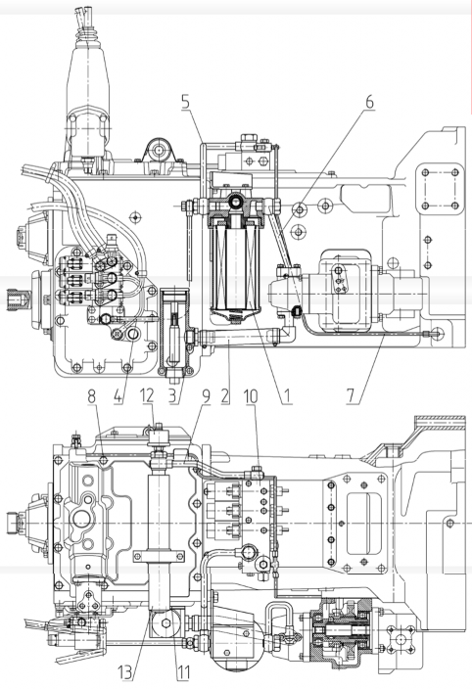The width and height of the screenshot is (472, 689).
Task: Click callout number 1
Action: tap(287, 395)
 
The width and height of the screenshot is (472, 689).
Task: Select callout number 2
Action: tap(225, 395)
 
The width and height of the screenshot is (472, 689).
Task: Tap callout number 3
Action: tap(174, 395)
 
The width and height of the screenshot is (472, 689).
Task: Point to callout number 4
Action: tap(118, 395)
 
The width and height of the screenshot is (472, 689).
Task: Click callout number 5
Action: tap(185, 102)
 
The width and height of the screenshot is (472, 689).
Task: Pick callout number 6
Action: tap(369, 102)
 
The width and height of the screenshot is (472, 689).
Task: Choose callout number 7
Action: tap(351, 395)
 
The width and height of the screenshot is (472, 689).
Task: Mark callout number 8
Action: tap(91, 395)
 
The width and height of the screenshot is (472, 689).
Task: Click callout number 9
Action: tap(206, 395)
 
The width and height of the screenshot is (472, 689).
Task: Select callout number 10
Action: tap(251, 395)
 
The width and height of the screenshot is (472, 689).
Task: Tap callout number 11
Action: tap(183, 671)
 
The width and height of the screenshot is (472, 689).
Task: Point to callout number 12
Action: tap(147, 395)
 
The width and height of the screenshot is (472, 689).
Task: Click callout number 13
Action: tap(125, 671)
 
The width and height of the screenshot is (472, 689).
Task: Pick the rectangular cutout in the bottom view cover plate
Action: tap(363, 523)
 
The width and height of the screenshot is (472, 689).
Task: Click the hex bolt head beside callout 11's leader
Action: tap(166, 622)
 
